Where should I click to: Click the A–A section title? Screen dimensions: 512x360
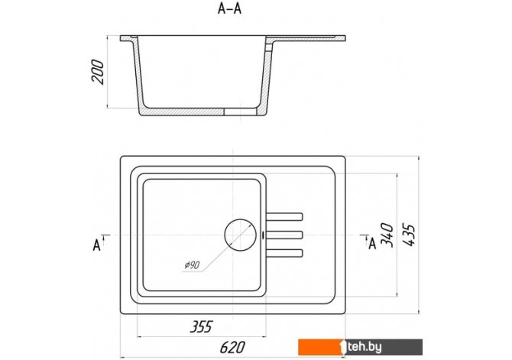point(229,9)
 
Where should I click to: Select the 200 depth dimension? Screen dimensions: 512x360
point(98,72)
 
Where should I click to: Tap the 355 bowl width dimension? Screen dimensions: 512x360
point(201,326)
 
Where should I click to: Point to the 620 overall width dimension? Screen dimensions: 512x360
point(232,347)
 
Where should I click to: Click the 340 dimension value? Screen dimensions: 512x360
point(387,235)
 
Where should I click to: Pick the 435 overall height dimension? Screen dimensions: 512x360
point(409,235)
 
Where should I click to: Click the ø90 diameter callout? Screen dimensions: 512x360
point(192,265)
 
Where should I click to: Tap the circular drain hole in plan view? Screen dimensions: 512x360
point(240,235)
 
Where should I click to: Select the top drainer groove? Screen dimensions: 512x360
point(284,217)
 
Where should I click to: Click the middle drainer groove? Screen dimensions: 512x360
point(284,235)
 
